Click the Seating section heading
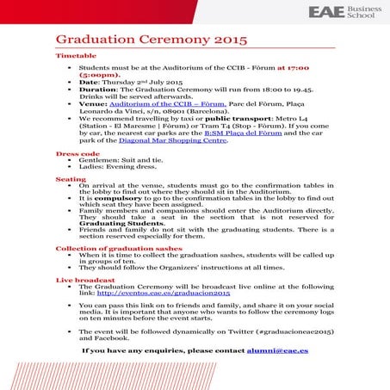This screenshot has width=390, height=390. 71,178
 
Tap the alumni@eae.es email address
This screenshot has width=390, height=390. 277,351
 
